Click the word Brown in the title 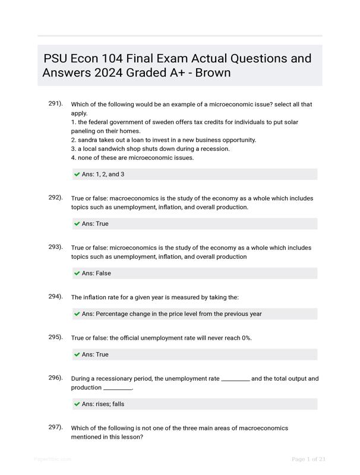pos(211,73)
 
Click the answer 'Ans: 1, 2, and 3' pos(103,175)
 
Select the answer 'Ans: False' pos(96,274)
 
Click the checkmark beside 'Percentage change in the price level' pos(77,314)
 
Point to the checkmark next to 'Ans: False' pos(77,274)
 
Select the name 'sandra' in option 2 pos(89,140)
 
